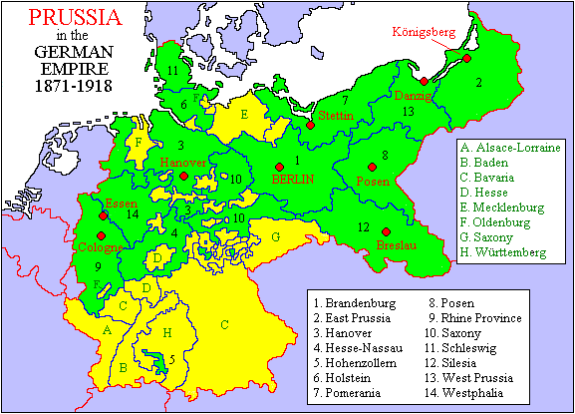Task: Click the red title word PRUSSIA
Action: [x=69, y=16]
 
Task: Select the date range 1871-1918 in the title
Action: [x=69, y=88]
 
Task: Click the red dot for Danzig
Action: [x=425, y=81]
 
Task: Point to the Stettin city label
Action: [x=336, y=116]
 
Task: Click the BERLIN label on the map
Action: [x=292, y=179]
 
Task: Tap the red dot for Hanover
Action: [x=184, y=177]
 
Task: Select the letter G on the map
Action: [x=275, y=237]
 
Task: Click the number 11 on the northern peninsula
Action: [x=173, y=70]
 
